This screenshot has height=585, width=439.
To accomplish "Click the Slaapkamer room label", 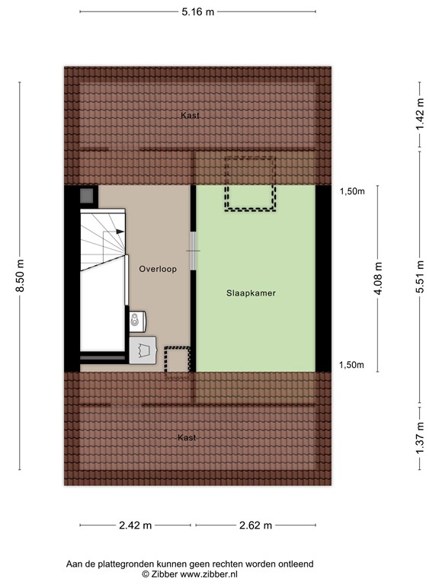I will point(251,292).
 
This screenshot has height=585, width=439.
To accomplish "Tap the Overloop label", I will point(158,269).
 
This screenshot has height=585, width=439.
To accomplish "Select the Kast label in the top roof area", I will point(190,116).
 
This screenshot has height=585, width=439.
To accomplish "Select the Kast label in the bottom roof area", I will point(187,438).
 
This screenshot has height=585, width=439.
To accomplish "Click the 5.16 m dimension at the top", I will point(197,11).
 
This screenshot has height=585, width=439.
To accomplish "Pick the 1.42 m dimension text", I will point(420,113).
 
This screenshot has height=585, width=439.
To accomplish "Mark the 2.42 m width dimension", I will point(136,526).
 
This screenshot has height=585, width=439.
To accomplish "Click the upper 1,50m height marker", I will point(351,192).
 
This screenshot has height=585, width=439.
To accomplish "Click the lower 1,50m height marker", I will point(351,366).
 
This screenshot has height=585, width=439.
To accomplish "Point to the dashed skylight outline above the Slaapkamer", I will point(248,184).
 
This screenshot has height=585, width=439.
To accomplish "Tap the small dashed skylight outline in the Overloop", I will point(177,359).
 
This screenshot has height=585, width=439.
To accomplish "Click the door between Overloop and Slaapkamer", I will point(194,251).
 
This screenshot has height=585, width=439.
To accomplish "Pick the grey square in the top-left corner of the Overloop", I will point(88,196).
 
